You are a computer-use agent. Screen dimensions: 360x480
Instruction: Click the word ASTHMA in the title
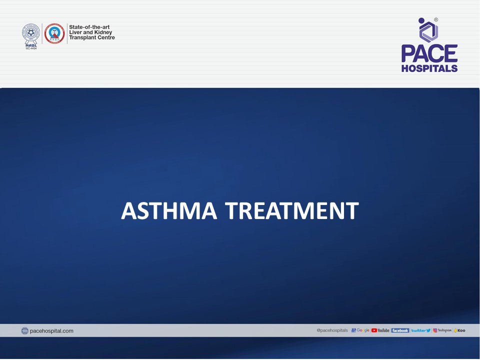tap(169, 211)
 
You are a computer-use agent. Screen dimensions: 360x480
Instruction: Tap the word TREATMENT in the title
tap(291, 211)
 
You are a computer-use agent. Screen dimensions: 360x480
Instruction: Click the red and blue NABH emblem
tap(54, 33)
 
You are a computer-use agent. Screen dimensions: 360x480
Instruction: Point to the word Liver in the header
tap(76, 32)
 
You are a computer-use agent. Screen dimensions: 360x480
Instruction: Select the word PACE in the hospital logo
tap(429, 53)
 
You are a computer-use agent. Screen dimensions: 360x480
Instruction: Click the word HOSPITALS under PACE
tap(429, 68)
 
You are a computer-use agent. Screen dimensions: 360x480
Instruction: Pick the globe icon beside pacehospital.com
tap(25, 331)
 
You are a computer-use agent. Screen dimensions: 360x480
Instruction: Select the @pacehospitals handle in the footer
tap(332, 330)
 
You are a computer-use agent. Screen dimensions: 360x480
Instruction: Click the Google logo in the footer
tap(361, 330)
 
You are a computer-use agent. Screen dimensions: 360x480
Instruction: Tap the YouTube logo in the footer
tap(380, 330)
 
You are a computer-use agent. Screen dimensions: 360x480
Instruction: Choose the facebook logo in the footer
tap(400, 330)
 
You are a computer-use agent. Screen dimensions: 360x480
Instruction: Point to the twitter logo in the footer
tap(420, 330)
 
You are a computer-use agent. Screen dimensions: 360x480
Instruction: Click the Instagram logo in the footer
tap(442, 330)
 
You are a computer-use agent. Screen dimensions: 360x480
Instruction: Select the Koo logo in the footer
tap(460, 330)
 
